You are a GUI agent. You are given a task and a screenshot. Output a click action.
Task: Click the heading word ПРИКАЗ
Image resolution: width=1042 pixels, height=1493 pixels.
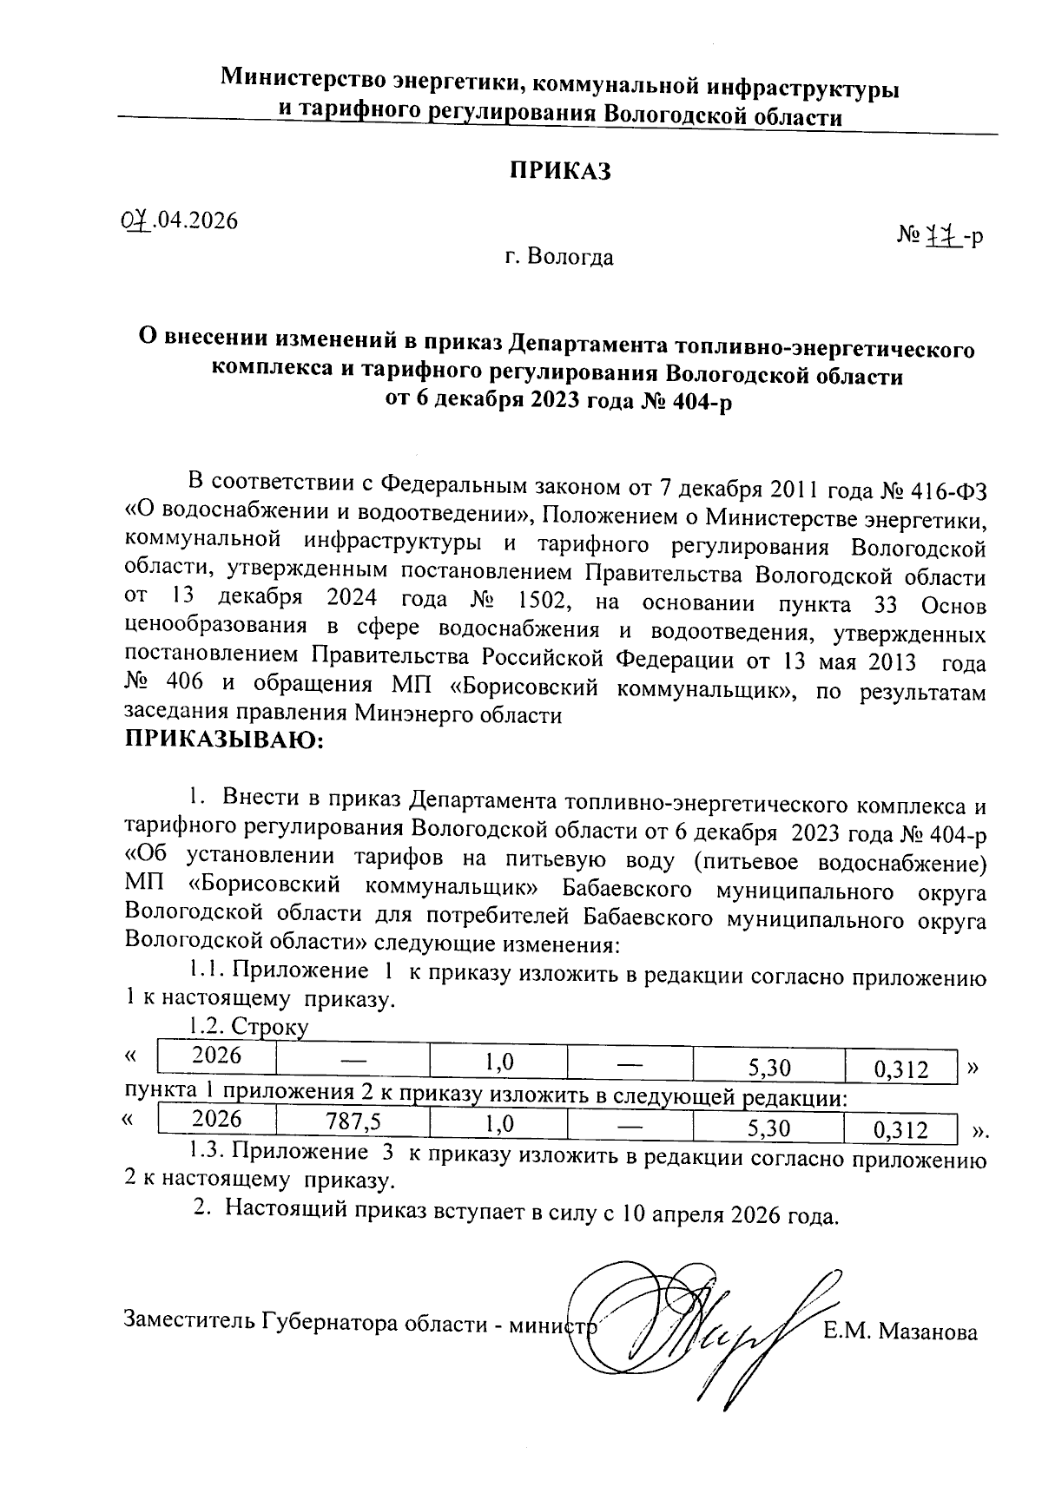click(559, 171)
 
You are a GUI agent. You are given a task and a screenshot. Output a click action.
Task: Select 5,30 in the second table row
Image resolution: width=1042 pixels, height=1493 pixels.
click(768, 1128)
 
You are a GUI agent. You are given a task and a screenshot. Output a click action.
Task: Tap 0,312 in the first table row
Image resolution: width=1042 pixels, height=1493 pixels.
click(901, 1069)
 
